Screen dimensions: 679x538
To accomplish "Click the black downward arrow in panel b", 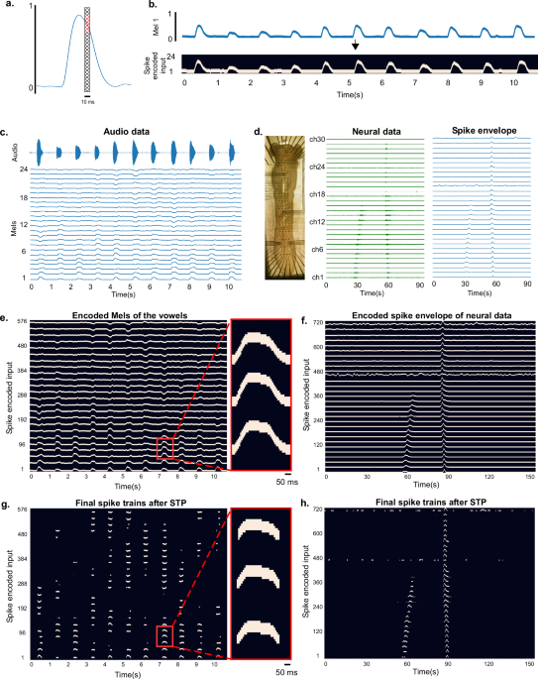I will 355,46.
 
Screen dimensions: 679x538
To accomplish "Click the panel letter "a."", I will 8,6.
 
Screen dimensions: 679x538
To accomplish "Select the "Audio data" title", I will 136,131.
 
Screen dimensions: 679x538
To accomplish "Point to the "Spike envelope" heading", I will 475,131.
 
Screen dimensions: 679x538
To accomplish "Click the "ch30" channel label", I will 318,141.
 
